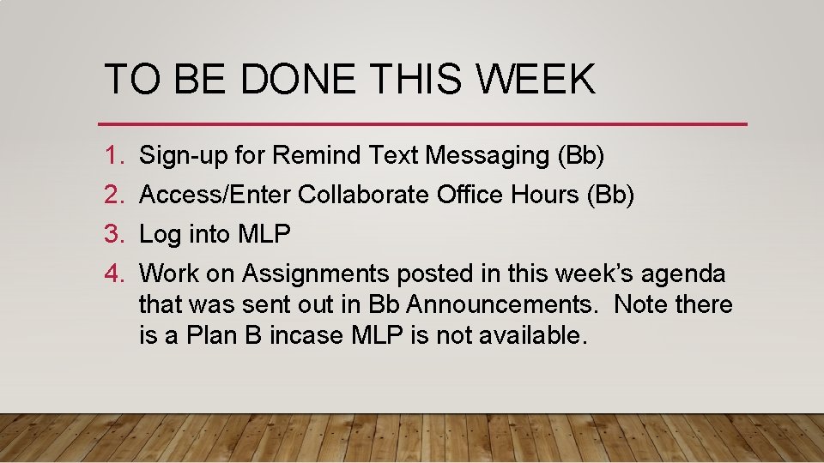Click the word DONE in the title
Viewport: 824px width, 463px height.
click(298, 80)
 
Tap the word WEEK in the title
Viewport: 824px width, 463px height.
click(536, 80)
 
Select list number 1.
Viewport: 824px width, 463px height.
click(114, 156)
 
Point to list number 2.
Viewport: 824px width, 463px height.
click(114, 195)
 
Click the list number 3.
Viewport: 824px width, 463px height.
click(114, 234)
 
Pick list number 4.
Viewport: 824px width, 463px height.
click(114, 274)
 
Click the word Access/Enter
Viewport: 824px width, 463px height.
click(215, 195)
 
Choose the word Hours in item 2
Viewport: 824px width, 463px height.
click(546, 195)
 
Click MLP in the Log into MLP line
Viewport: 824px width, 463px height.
click(264, 234)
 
